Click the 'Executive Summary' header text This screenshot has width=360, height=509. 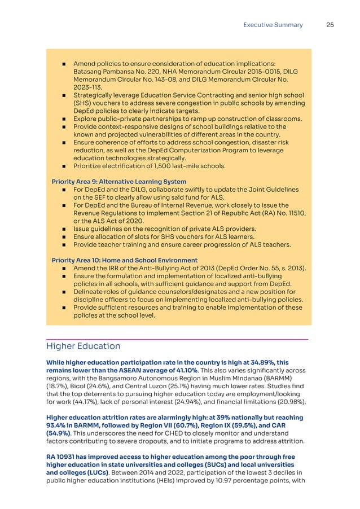[273, 25]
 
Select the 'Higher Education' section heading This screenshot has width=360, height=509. [83, 346]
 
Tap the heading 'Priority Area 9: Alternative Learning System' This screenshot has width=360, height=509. [118, 182]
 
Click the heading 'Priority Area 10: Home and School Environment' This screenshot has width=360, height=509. [124, 260]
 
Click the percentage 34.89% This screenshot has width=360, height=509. [246, 362]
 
